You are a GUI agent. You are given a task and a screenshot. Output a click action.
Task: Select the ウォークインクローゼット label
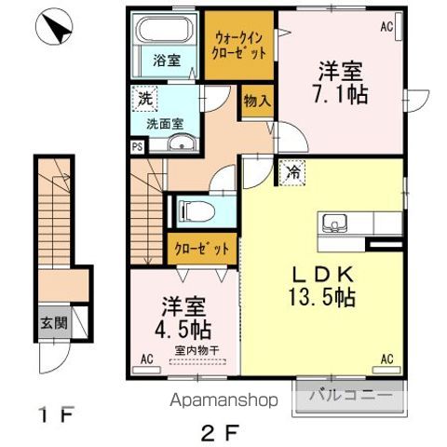click(240, 46)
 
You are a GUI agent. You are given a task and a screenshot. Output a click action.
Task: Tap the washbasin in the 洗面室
click(182, 142)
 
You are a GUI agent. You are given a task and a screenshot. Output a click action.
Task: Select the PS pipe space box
click(137, 145)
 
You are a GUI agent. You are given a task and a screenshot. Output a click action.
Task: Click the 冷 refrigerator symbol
click(292, 171)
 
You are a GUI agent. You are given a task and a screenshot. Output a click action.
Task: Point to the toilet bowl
click(194, 210)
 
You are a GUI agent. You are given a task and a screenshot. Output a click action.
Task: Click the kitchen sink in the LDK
click(334, 223)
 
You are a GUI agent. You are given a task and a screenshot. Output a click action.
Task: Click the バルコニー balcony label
click(350, 397)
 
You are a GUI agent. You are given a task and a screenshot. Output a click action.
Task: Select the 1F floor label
click(55, 412)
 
